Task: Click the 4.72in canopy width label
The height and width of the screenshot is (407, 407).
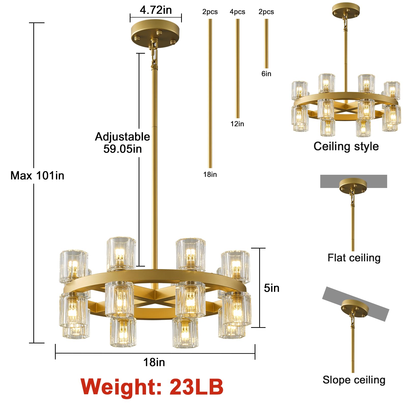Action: [x=156, y=10]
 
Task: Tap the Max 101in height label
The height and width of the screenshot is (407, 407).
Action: [x=37, y=176]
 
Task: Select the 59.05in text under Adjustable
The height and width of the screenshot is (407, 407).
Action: [x=123, y=149]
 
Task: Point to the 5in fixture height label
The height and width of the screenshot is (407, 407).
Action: [x=272, y=288]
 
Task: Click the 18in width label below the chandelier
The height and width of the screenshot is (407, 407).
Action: [x=154, y=362]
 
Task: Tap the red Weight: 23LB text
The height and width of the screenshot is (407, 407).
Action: [x=152, y=387]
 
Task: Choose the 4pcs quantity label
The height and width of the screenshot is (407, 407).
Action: [x=237, y=12]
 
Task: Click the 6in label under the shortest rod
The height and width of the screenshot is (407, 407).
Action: [x=266, y=74]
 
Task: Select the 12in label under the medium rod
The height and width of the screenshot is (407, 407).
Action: [x=237, y=124]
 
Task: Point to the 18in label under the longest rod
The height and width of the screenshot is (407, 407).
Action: [x=210, y=175]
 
